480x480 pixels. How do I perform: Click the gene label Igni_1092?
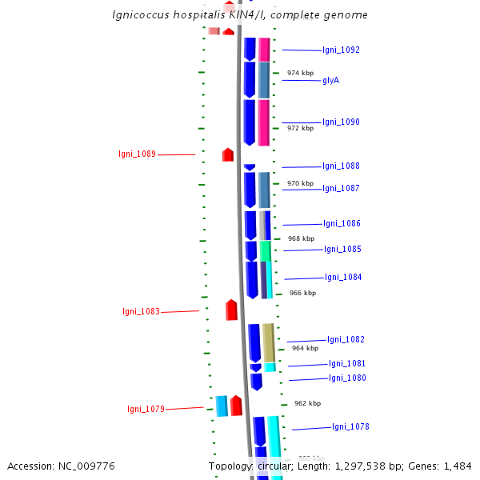tap(341, 50)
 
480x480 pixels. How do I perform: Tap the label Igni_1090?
tap(341, 122)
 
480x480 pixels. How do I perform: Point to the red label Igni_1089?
tap(137, 154)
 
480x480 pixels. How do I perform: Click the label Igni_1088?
tap(341, 166)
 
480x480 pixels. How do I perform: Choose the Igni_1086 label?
tap(342, 223)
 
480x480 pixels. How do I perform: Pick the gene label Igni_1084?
tap(343, 277)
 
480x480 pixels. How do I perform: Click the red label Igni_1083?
tap(141, 311)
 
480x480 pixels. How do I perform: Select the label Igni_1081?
tap(346, 363)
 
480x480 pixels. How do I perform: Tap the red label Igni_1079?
tap(146, 409)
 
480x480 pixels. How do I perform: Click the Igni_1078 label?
tap(350, 426)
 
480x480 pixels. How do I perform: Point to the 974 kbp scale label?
tap(300, 73)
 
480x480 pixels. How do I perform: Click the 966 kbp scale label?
tap(302, 293)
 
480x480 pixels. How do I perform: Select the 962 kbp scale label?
tap(307, 403)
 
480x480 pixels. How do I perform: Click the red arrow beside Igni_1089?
tap(228, 154)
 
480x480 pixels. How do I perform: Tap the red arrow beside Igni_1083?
tap(232, 310)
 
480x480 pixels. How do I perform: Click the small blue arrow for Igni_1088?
tap(250, 167)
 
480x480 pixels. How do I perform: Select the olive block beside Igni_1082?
tap(269, 342)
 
